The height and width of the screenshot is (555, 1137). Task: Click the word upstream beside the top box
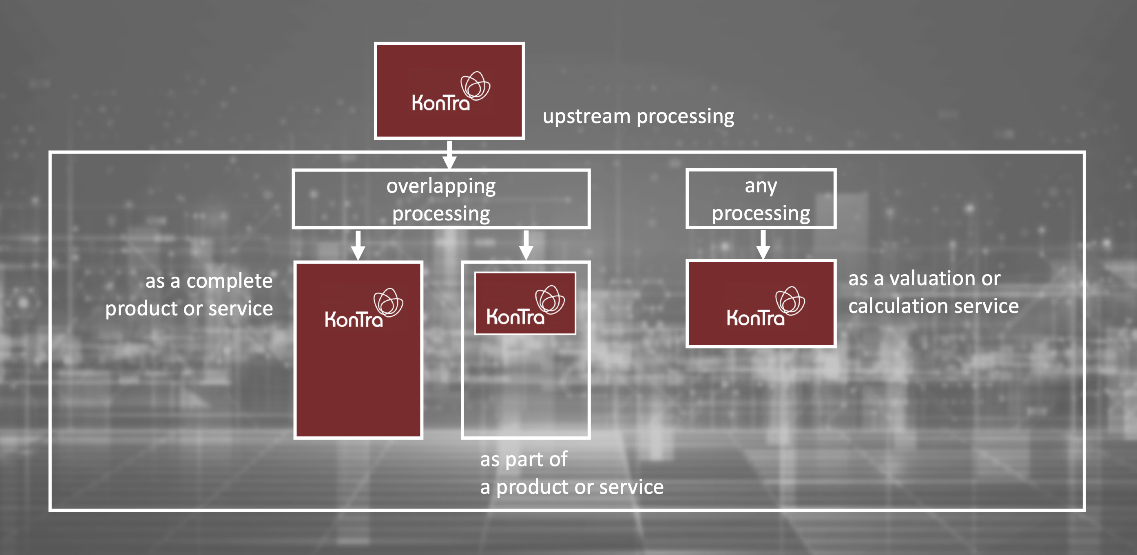pos(586,117)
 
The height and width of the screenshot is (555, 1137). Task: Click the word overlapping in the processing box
pos(441,186)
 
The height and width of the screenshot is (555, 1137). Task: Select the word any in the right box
pos(761,186)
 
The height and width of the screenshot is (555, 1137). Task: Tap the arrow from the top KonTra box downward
pos(449,154)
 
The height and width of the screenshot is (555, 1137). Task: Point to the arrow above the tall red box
pos(358,245)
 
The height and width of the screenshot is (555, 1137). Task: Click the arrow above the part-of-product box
pos(526,245)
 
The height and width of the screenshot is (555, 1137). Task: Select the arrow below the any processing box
pos(763,244)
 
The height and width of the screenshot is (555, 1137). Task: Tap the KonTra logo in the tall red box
pos(363,309)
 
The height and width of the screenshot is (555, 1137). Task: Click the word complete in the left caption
pos(229,281)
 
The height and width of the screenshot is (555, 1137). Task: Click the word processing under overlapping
pos(441,214)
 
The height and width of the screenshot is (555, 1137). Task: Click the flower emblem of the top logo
pos(476,85)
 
